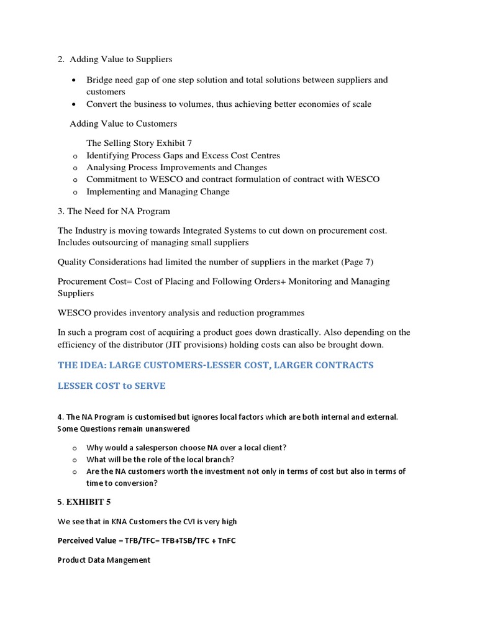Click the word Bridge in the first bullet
click(99, 80)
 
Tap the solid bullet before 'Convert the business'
click(75, 104)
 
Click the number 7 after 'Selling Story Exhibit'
click(189, 143)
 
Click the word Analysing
click(106, 168)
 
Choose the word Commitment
click(112, 179)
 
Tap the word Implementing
click(114, 192)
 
